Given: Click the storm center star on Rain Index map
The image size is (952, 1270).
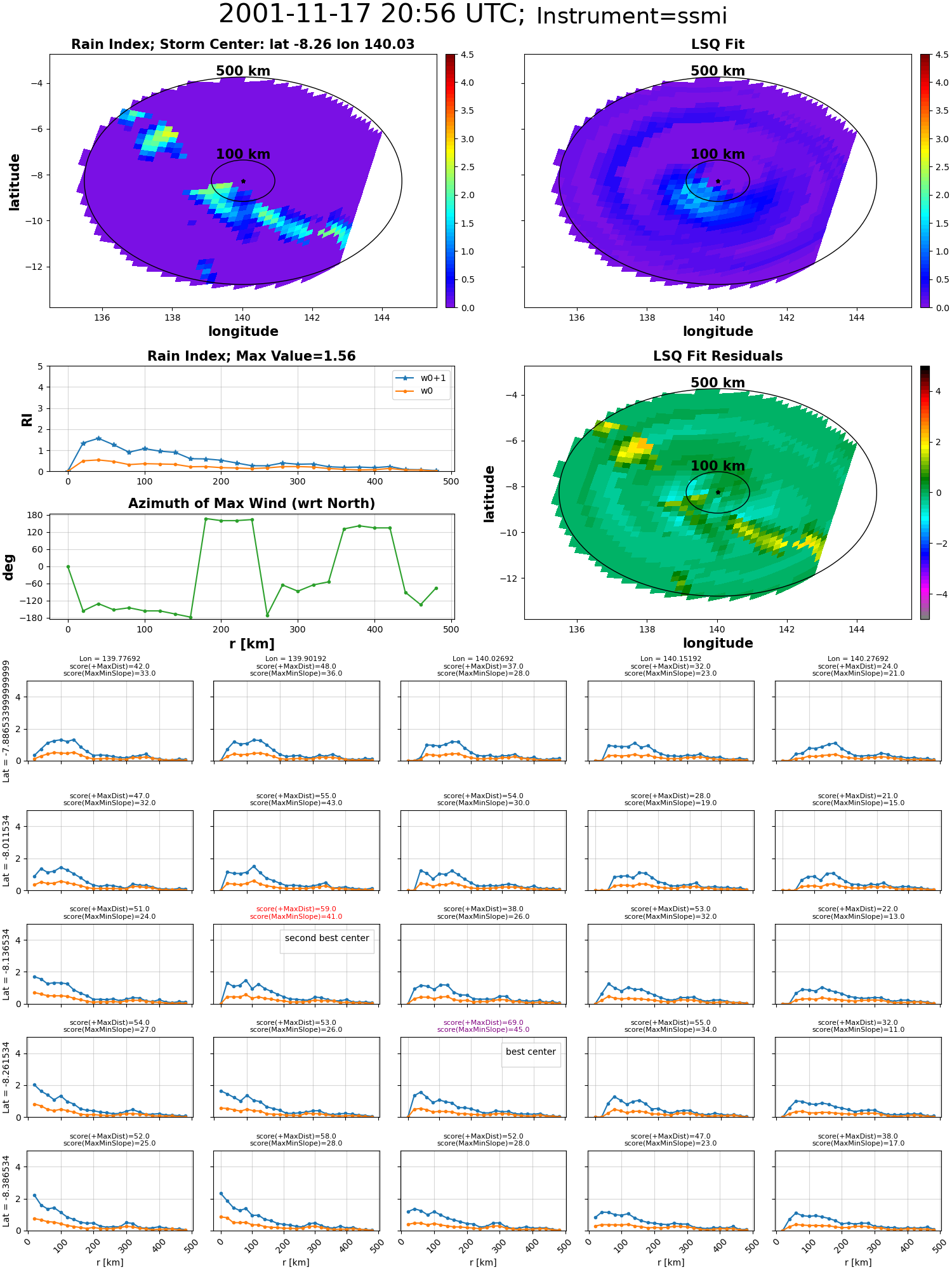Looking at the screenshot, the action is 243,181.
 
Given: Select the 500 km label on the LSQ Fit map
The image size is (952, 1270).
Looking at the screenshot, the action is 718,71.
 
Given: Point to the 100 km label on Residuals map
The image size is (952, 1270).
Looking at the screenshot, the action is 718,466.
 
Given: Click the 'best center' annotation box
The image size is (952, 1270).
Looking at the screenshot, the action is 531,1052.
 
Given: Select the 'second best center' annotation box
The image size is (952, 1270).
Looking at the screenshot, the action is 327,938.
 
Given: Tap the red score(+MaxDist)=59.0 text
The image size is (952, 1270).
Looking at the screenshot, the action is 296,909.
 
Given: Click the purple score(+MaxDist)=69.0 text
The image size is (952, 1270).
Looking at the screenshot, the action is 483,1022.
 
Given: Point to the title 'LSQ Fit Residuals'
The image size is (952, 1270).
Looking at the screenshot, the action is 718,356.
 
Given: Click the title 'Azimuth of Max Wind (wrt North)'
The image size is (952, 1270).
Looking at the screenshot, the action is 251,504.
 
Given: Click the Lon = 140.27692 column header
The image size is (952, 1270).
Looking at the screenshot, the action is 858,659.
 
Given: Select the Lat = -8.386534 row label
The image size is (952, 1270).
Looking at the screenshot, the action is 6,1191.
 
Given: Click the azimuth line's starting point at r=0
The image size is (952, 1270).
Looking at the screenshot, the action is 68,566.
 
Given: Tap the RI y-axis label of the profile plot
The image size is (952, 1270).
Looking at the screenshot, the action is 27,419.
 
